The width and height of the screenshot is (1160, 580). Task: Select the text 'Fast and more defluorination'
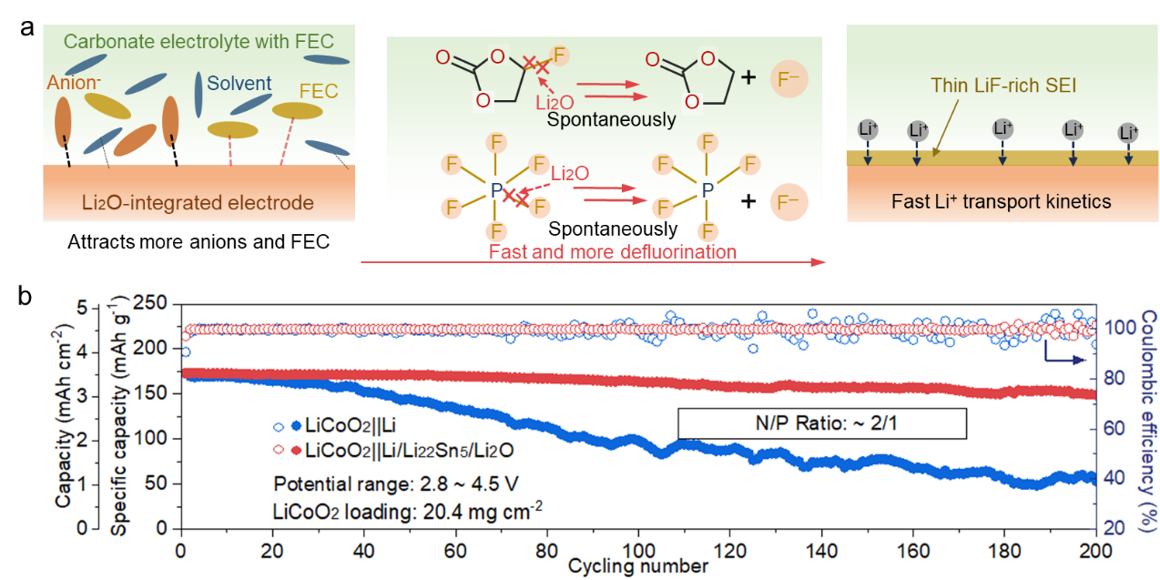(613, 250)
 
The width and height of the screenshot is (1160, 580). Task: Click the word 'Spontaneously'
(612, 119)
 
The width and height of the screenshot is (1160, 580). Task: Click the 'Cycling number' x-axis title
(637, 566)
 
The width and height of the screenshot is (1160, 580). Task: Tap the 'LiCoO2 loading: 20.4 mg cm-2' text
(407, 511)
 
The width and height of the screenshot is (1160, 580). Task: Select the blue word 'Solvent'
(239, 83)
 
